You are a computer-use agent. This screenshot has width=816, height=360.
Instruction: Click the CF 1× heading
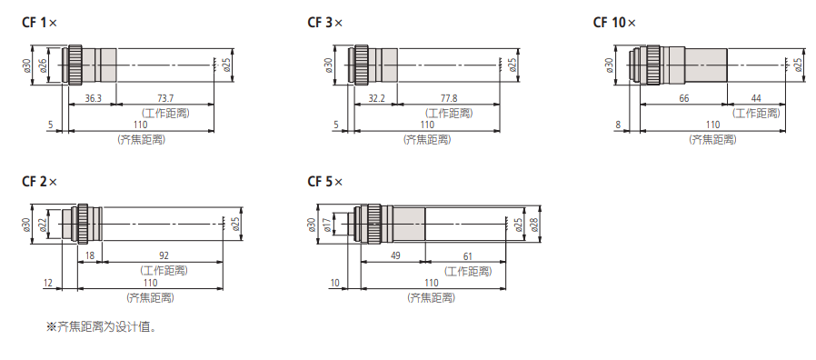point(40,23)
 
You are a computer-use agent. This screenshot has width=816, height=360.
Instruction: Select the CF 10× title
point(614,23)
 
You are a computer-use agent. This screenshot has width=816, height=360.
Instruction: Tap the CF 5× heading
point(325,182)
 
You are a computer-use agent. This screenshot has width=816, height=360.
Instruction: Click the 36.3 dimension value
point(93,98)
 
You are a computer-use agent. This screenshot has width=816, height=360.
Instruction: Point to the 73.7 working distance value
point(165,98)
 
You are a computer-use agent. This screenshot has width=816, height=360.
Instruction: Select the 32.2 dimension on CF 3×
point(375,98)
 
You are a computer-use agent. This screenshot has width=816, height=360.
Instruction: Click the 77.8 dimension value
point(449,98)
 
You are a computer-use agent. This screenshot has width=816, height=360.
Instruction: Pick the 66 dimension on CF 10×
point(684,98)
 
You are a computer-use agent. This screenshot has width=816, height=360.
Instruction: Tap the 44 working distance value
point(756,98)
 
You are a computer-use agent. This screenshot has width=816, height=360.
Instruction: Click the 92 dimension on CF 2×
point(164,255)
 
